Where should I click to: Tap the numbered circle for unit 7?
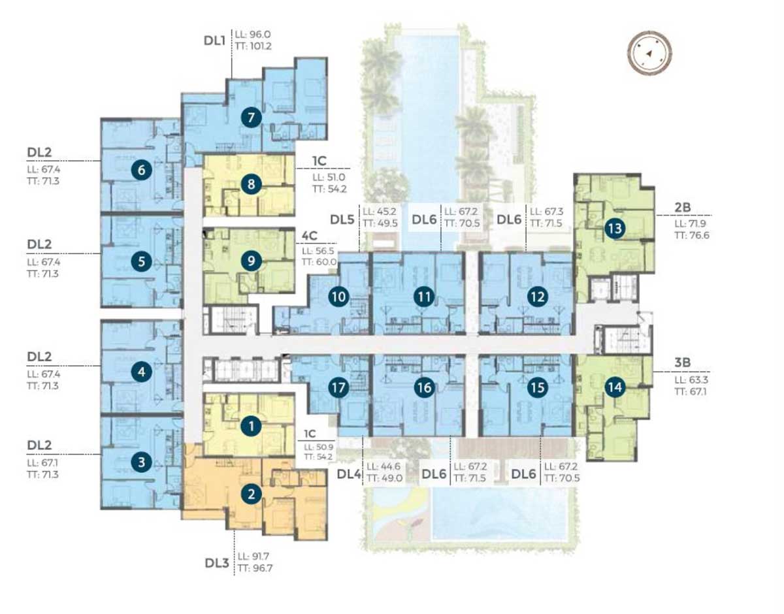click(251, 117)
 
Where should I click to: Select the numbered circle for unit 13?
click(615, 228)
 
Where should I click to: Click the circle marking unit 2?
click(251, 494)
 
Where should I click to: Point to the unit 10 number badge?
click(338, 297)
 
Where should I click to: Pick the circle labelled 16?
click(424, 387)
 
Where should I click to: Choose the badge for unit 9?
click(251, 261)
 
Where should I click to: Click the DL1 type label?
click(214, 40)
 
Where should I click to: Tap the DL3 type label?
click(217, 563)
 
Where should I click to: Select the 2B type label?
click(682, 207)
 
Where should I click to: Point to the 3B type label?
click(682, 363)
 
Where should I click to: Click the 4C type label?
click(309, 236)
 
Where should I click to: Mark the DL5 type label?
click(342, 219)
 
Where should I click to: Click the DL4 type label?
click(349, 474)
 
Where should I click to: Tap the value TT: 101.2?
click(253, 46)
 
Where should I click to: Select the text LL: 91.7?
click(253, 557)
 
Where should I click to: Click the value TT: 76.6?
click(692, 235)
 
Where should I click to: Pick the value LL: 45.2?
click(380, 211)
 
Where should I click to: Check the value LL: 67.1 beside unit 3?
click(42, 462)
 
